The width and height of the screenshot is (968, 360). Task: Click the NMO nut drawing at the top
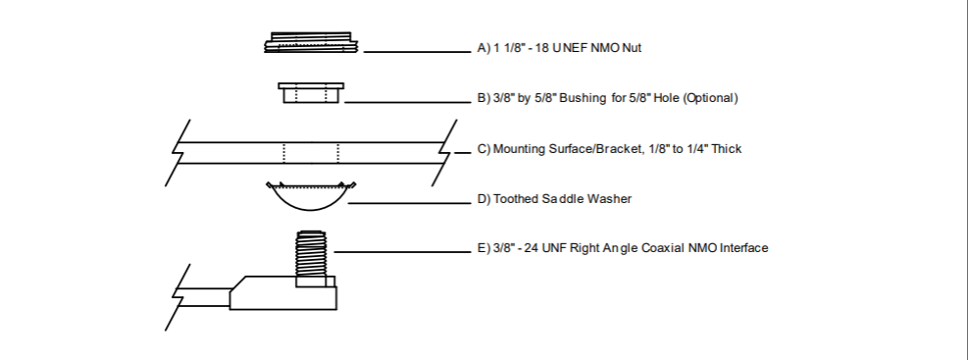click(311, 42)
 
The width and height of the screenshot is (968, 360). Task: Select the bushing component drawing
click(311, 93)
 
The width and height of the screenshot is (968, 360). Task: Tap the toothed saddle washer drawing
click(311, 196)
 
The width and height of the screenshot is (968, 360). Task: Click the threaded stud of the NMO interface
click(311, 254)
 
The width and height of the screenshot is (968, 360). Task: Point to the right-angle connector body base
click(283, 293)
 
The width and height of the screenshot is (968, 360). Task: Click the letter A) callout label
click(484, 48)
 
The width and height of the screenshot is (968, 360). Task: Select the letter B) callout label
click(484, 98)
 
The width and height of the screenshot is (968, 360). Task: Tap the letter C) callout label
click(484, 149)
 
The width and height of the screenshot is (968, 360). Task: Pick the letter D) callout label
click(484, 199)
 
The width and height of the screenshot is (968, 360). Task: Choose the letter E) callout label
click(484, 248)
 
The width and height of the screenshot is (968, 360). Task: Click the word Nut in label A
click(632, 48)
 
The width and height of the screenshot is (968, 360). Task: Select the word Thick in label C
click(727, 149)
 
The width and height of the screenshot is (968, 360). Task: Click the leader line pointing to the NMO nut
click(418, 52)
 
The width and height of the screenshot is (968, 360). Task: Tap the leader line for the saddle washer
click(410, 202)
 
